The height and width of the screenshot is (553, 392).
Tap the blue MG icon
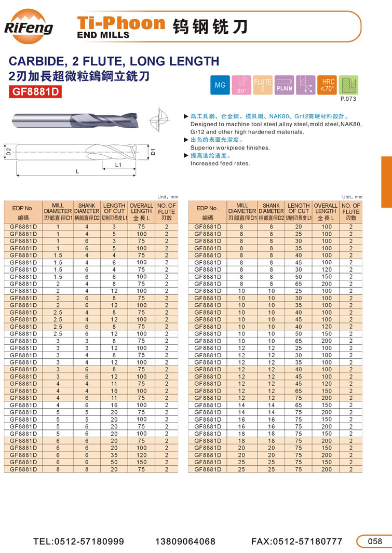(220, 85)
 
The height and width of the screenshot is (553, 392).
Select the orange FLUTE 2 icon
(263, 85)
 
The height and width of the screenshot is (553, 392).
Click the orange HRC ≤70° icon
(328, 85)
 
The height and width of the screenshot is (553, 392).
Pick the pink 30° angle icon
(241, 85)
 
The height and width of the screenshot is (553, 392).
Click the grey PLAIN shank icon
(285, 85)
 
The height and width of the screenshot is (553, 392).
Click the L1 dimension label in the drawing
(118, 165)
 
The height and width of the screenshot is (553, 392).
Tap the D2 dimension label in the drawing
(8, 152)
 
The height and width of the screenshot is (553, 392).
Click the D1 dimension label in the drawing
(154, 152)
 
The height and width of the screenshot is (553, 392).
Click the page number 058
(374, 541)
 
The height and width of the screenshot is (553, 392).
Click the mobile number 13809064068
(185, 541)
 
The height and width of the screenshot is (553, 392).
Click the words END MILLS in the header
(103, 35)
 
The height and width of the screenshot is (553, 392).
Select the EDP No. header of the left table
(23, 208)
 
